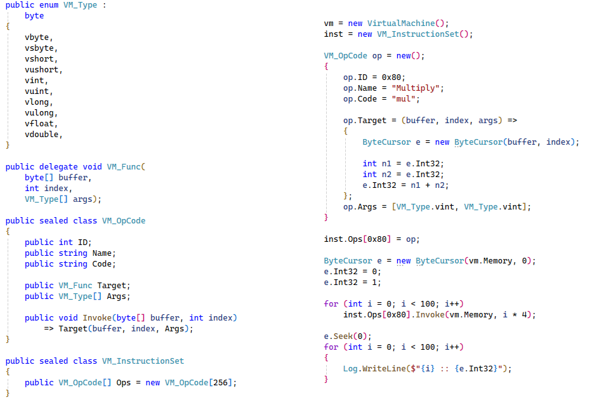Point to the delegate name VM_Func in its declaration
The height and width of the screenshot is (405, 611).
(124, 167)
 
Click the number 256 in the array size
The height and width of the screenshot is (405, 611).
(220, 383)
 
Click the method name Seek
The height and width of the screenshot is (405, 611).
(343, 336)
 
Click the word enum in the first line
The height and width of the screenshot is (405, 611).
(49, 6)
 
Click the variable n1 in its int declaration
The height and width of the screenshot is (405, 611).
(386, 164)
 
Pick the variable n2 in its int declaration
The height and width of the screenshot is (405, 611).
(386, 175)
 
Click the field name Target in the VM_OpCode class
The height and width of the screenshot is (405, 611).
(112, 286)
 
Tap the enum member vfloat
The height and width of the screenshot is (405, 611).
(39, 124)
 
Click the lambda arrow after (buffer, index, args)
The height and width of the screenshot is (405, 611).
(512, 121)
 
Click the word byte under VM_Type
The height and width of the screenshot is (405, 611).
(34, 16)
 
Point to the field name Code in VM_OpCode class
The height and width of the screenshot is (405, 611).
(102, 264)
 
